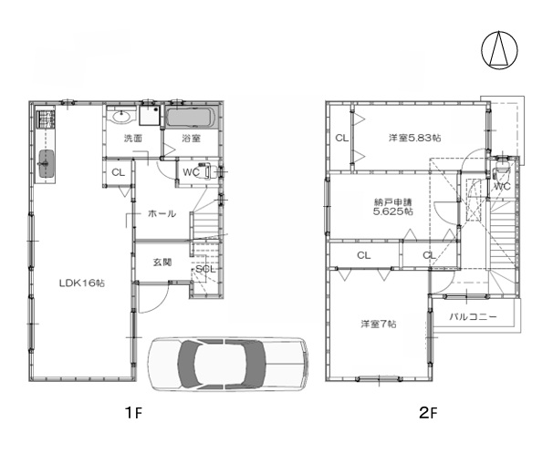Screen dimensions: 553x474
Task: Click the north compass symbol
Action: tap(499, 50)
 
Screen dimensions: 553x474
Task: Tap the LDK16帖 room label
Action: tap(82, 283)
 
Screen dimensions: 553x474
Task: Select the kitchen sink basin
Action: tap(46, 164)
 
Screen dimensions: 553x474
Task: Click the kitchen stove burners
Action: tap(46, 118)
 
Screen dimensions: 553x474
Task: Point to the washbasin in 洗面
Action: tap(122, 116)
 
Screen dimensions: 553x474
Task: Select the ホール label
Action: tap(162, 213)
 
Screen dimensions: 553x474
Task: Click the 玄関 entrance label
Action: tap(162, 263)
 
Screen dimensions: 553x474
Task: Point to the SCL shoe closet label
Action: tap(205, 269)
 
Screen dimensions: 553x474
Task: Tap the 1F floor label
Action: tap(133, 412)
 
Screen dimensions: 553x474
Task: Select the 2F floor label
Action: tap(428, 412)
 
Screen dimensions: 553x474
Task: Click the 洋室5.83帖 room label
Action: tap(414, 138)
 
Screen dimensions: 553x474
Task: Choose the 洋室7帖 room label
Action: tap(379, 324)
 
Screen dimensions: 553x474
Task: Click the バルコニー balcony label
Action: tap(474, 316)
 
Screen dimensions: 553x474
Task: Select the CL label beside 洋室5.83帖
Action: tap(341, 139)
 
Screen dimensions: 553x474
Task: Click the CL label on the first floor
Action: tap(118, 172)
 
